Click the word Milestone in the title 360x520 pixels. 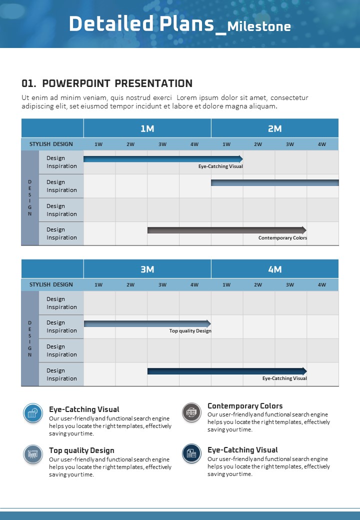259,26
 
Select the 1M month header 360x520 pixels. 147,128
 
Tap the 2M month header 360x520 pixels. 274,128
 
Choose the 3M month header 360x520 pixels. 147,269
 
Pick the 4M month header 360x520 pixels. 274,269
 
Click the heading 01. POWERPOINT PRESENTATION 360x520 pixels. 107,83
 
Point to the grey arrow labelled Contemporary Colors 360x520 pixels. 226,230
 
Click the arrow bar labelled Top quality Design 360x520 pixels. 147,323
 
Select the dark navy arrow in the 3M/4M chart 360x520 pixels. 226,371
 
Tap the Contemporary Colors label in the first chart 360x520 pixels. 282,238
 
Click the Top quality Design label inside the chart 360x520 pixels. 190,331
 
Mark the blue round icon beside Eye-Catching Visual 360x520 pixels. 33,413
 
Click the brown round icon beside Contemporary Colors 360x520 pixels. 191,412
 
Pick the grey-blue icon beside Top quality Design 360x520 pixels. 33,454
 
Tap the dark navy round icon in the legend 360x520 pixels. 191,453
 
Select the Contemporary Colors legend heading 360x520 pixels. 245,406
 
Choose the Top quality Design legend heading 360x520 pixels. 81,450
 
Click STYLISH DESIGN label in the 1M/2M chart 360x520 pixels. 51,144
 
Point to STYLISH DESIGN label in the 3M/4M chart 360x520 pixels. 51,284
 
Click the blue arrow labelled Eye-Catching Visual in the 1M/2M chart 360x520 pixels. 163,159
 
